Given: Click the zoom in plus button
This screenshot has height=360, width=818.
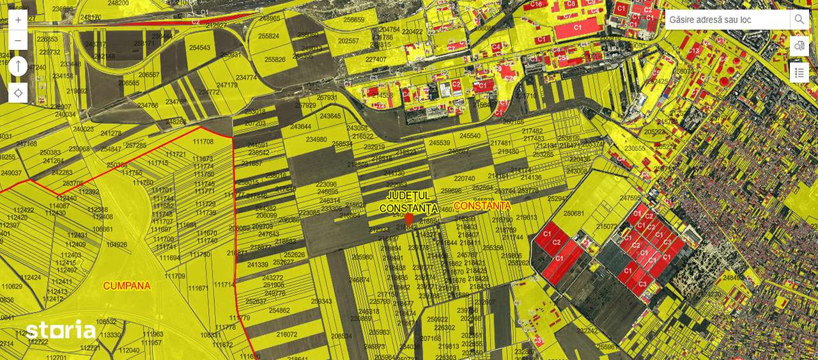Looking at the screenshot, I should click(18, 20).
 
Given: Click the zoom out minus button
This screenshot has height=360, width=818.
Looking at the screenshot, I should click(18, 40).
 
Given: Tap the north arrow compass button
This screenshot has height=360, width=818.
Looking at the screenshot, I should click(18, 66).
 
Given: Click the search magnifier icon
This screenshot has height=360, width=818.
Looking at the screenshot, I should click(799, 20).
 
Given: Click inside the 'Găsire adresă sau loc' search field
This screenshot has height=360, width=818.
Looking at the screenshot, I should click(727, 20).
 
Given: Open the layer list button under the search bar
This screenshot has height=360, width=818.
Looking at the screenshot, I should click(799, 72).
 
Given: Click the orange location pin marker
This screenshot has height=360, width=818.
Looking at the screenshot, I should click(409, 219).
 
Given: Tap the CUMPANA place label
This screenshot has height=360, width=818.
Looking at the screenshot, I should click(127, 286).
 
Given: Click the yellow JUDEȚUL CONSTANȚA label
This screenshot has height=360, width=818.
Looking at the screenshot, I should click(408, 201).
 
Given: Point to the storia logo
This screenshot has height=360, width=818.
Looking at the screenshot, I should click(61, 330).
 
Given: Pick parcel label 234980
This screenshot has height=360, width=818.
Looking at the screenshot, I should click(316, 139).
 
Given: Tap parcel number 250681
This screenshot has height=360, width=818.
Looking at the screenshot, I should click(574, 214).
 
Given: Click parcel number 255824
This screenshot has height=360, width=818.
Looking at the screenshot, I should click(268, 36).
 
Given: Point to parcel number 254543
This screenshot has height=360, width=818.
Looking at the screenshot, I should click(199, 48).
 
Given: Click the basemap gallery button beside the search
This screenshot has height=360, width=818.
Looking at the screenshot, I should click(799, 46).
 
